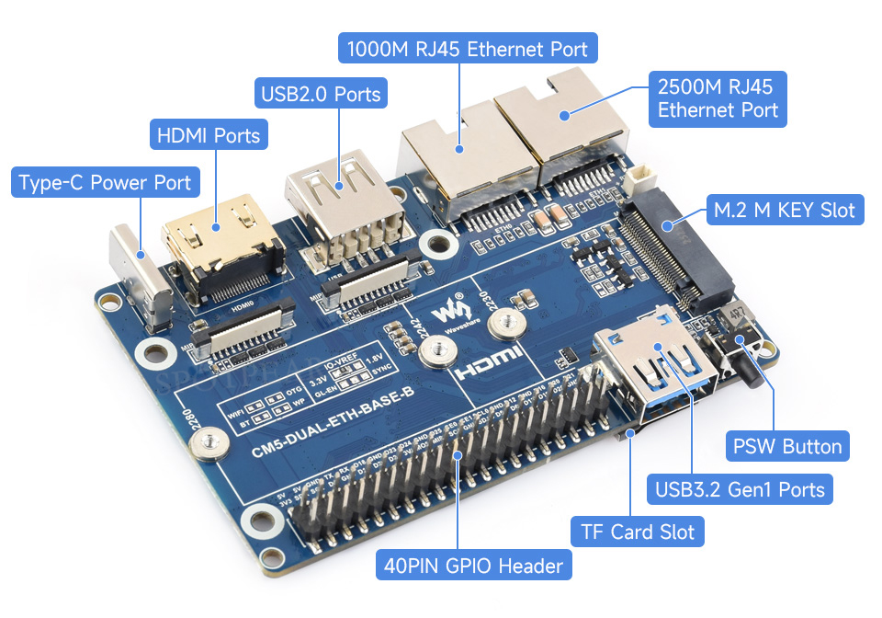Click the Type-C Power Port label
coord(105,182)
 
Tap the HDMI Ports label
coord(209,136)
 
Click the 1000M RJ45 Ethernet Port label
coord(469,48)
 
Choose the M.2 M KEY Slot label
coord(784,211)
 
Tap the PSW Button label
coord(786,447)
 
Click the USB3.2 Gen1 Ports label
coord(740,489)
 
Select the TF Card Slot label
coord(638,532)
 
